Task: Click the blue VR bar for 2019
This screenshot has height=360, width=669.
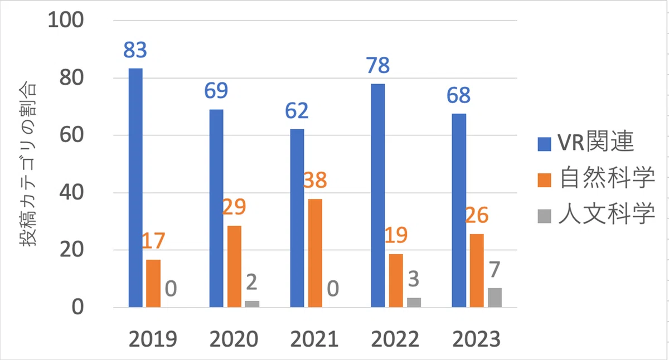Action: (135, 188)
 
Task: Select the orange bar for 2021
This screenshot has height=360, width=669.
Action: (315, 253)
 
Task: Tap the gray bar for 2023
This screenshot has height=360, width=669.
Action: (495, 298)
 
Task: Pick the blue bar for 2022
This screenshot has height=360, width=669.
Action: (378, 196)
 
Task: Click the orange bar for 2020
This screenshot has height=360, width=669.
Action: (235, 266)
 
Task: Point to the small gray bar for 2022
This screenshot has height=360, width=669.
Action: (414, 303)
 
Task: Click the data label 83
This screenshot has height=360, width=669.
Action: (135, 50)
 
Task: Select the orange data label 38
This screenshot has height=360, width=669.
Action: (315, 180)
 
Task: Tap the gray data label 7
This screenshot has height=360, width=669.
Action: (495, 269)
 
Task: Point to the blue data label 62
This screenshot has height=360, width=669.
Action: (297, 111)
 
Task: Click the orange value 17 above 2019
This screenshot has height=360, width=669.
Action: (153, 241)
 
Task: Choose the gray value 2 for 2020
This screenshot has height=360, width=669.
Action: (251, 282)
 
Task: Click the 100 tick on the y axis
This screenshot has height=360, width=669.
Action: (66, 20)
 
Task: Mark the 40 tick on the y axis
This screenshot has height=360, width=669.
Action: (71, 192)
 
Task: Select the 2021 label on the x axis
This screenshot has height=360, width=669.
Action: (314, 339)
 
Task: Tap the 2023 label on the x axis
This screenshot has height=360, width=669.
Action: (476, 339)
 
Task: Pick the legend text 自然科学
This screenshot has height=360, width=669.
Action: (607, 178)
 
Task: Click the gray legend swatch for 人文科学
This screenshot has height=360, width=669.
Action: (544, 216)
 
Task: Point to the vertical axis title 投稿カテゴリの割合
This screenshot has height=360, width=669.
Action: (27, 164)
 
